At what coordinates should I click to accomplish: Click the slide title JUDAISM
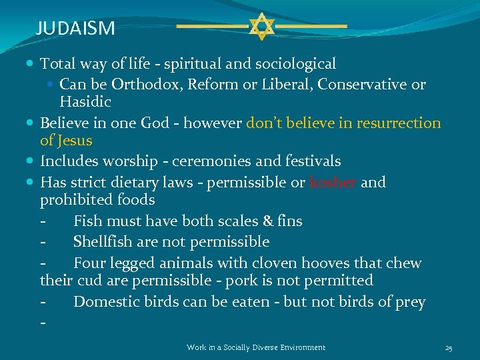[75, 28]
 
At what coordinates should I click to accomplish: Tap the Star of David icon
[261, 26]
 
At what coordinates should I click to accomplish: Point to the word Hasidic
[85, 102]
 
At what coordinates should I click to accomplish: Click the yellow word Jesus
[75, 141]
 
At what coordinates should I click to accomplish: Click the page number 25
[449, 347]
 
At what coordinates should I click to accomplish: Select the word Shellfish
[105, 241]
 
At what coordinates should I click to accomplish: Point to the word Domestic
[105, 302]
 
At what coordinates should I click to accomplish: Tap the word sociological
[294, 64]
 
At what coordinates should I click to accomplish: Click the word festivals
[311, 161]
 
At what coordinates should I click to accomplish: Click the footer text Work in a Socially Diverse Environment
[256, 347]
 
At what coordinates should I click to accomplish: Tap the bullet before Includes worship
[32, 161]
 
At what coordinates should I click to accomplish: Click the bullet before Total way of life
[32, 64]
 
